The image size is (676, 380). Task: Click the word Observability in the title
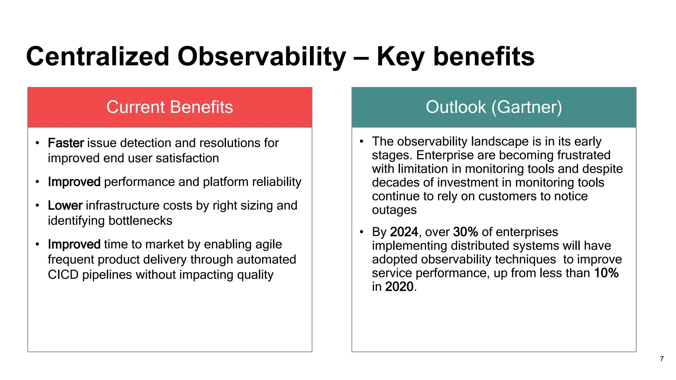coord(262,57)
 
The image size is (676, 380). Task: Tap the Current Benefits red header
coord(170,107)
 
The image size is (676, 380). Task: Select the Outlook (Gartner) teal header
coord(494,107)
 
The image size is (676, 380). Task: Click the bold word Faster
coord(66,143)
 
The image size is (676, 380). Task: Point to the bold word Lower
coord(65,206)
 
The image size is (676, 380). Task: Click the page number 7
coord(661,359)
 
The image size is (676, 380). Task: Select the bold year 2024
coord(404,232)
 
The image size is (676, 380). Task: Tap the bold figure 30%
coord(465,232)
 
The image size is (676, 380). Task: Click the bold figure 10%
coord(606,273)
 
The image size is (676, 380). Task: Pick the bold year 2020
coord(399,287)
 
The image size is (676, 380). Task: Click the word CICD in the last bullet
coord(63,275)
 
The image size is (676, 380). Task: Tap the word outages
coord(394,210)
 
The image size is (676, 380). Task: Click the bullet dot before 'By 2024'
coord(361,232)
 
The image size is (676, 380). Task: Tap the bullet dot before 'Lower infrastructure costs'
coord(37,206)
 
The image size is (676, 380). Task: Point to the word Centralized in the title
coord(98,57)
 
